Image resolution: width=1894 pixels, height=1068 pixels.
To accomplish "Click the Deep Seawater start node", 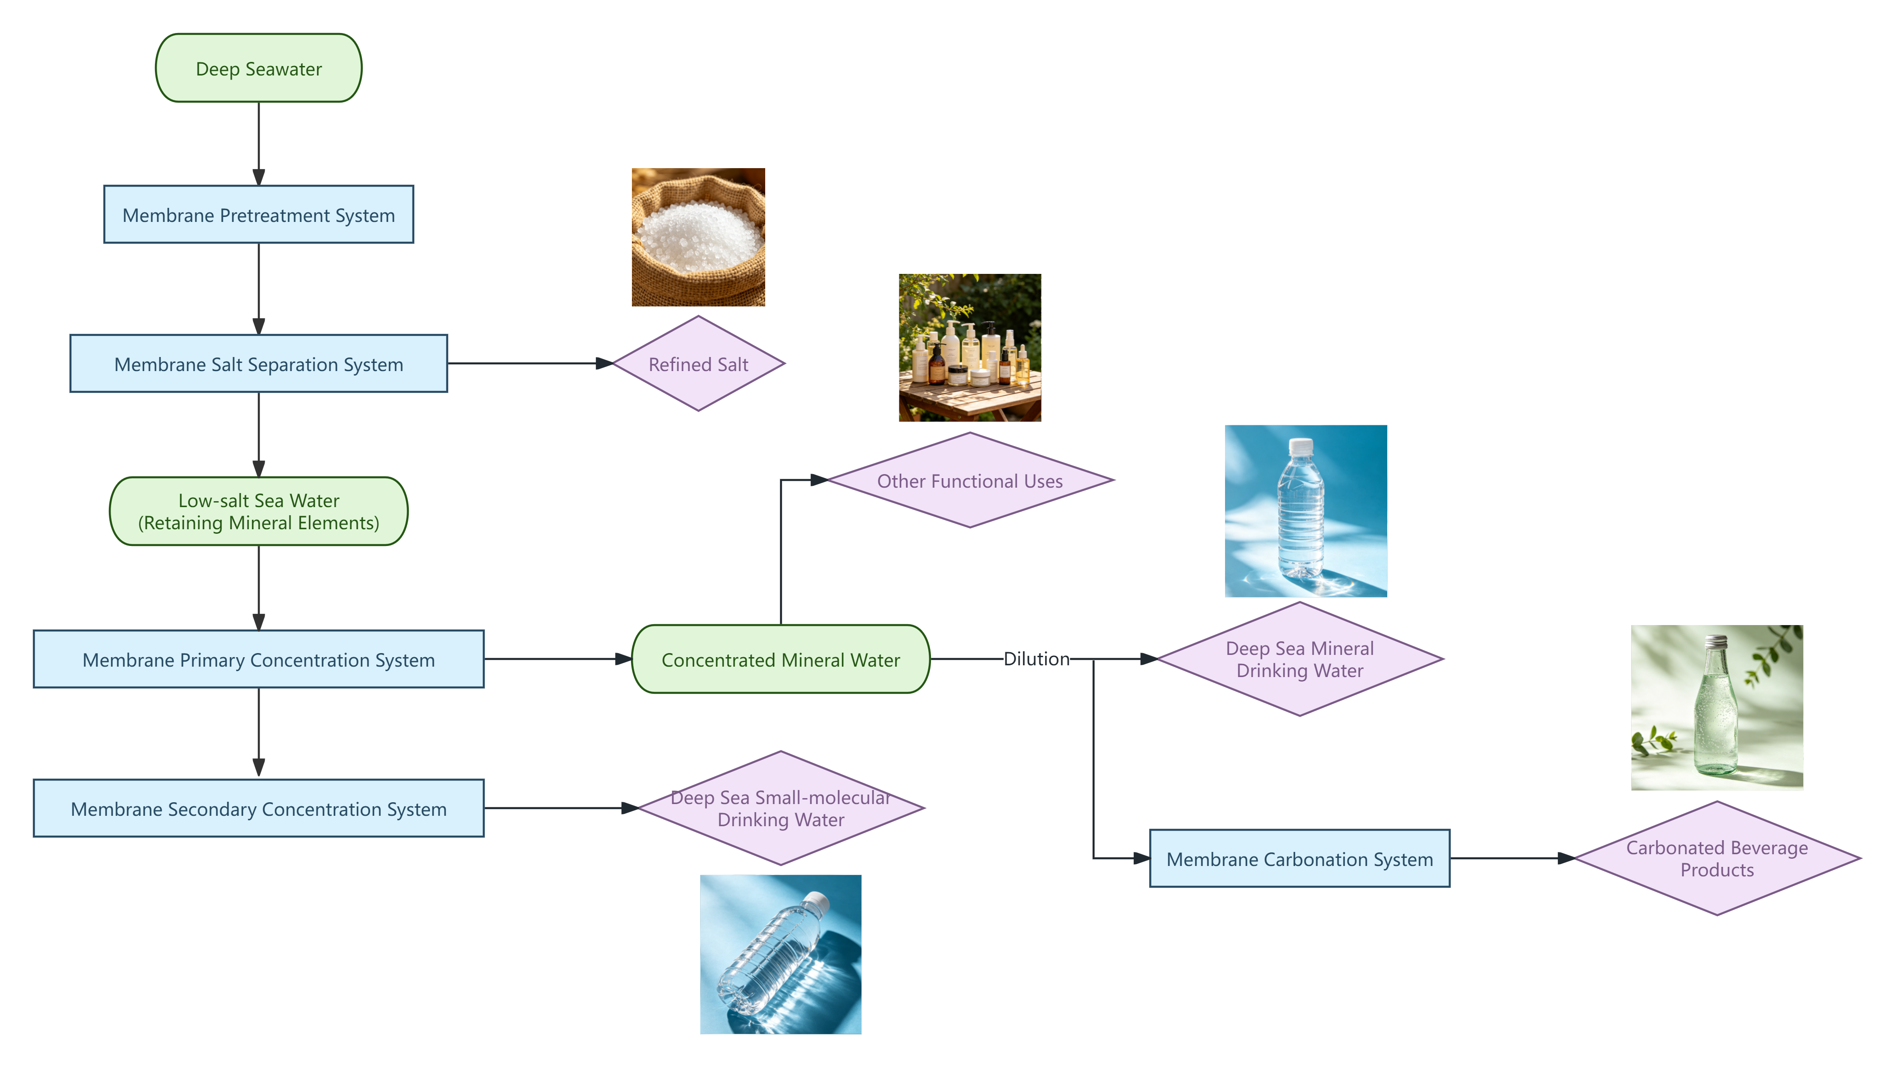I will (258, 68).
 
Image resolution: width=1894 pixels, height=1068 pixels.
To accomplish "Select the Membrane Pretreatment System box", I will (258, 215).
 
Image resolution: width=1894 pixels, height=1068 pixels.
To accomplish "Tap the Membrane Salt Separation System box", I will (258, 364).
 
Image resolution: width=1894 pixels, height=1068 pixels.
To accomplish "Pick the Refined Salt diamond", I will (698, 364).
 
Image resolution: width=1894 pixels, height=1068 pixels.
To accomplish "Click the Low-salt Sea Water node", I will (258, 511).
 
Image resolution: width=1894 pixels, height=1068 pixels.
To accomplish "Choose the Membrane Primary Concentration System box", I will (258, 660).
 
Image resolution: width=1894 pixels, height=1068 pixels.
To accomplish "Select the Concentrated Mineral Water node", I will (780, 660).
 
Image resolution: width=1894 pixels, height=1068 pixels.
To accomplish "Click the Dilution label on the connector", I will (1036, 659).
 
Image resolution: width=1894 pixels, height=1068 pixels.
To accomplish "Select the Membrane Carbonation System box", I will (1299, 859).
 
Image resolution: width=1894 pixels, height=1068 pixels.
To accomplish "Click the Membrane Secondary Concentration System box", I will (258, 809).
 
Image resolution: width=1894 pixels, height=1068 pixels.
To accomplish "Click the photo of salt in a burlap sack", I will (698, 237).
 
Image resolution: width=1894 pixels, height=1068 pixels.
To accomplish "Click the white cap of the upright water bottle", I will (1300, 445).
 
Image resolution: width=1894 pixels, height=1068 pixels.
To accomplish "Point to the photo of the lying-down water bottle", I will (780, 955).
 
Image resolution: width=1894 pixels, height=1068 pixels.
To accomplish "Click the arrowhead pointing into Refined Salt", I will (604, 363).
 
